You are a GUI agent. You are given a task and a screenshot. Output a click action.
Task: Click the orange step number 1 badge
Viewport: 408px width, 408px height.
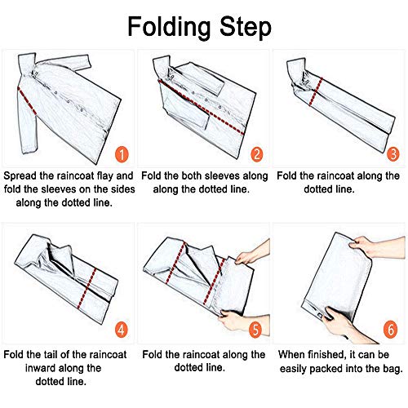tap(122, 154)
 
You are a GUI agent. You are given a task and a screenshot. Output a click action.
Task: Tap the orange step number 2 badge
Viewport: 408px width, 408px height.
tap(257, 154)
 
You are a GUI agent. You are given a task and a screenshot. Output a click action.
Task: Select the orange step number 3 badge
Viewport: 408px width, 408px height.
tap(393, 154)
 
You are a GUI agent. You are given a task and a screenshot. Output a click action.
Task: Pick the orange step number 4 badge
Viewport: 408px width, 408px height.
tap(122, 330)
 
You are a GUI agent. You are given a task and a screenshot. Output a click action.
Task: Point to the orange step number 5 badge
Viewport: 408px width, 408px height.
tap(255, 330)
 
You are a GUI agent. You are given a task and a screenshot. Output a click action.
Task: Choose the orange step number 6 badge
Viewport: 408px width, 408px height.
tap(391, 330)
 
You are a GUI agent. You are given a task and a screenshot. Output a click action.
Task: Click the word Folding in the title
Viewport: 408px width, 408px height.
tap(169, 27)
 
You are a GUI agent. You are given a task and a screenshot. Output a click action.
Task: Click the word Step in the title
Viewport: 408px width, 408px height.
tap(246, 27)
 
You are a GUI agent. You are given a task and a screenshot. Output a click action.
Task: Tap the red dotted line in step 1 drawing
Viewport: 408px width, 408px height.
tap(27, 101)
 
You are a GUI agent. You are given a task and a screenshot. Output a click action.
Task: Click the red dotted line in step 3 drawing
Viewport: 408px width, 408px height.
tap(316, 92)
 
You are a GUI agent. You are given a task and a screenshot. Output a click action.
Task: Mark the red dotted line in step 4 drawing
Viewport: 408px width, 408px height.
tap(86, 289)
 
